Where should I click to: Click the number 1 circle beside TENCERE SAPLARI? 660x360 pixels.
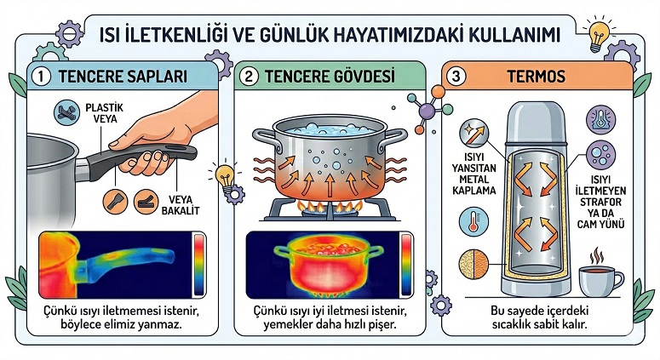click(41, 77)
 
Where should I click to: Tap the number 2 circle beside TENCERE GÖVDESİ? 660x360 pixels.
click(249, 77)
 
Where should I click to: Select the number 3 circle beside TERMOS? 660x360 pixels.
click(456, 77)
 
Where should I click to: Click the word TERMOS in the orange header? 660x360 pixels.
click(536, 77)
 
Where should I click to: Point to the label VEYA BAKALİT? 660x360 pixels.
click(181, 205)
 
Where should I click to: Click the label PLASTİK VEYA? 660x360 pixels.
click(105, 113)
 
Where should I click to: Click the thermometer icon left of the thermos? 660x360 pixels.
click(473, 221)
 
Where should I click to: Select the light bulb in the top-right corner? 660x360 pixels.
click(598, 34)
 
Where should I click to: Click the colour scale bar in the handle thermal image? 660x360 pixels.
click(198, 265)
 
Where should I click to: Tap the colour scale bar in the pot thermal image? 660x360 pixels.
click(406, 265)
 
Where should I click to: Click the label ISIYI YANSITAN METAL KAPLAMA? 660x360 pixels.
click(474, 174)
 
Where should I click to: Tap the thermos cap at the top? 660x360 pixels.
click(536, 122)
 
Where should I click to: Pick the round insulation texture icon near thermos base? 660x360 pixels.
click(473, 264)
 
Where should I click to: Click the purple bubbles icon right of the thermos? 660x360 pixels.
click(600, 154)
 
